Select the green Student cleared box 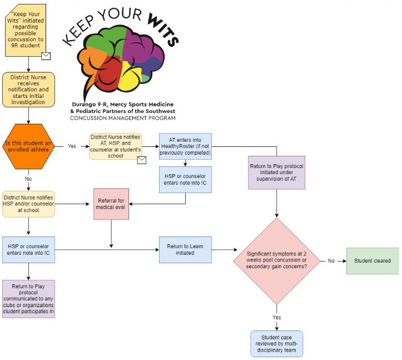click(x=373, y=261)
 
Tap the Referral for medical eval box click(x=111, y=203)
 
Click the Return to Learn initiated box click(x=185, y=249)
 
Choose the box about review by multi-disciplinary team click(x=276, y=343)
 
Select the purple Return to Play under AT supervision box click(x=276, y=172)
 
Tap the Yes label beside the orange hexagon click(x=72, y=147)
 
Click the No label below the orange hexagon click(x=28, y=180)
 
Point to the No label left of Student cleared click(x=331, y=260)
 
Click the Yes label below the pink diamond click(x=276, y=317)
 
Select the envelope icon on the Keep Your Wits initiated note click(x=46, y=56)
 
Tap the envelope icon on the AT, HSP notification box click(x=141, y=160)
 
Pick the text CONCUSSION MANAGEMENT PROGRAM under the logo click(x=123, y=118)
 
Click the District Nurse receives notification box click(x=28, y=89)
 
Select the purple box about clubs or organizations click(x=28, y=299)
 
